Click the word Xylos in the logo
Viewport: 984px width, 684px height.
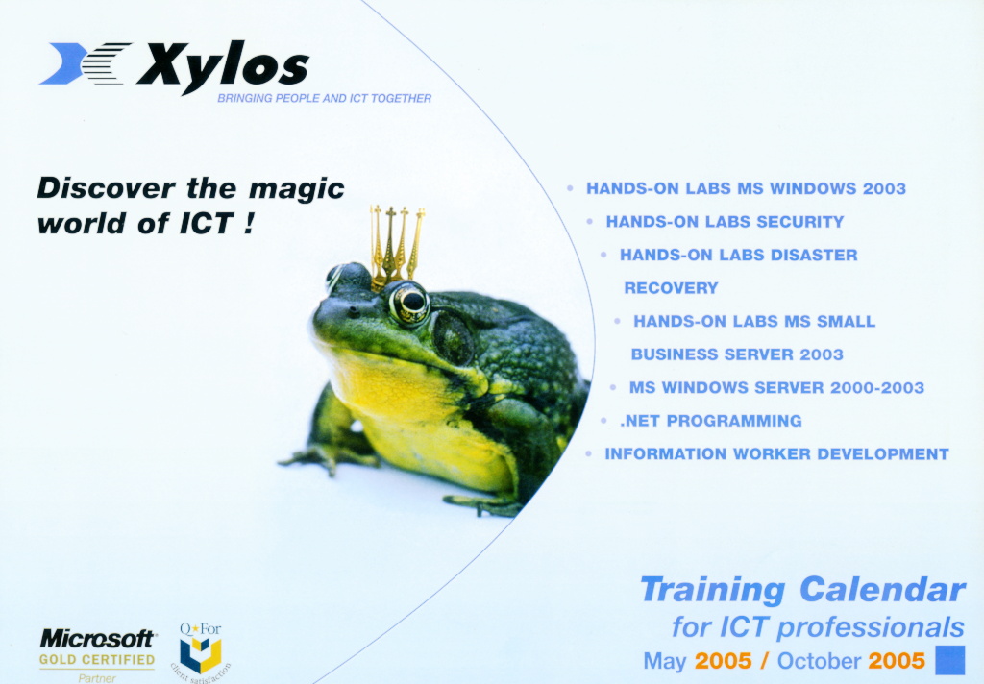[223, 66]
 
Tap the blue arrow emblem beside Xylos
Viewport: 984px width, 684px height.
[85, 62]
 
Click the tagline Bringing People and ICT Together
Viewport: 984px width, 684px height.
[325, 99]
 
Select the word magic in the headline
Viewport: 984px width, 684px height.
[296, 189]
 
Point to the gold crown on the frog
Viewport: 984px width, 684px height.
[397, 246]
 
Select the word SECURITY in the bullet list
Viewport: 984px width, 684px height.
[800, 222]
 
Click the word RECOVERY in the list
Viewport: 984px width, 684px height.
[671, 288]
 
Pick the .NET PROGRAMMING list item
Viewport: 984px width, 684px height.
[710, 421]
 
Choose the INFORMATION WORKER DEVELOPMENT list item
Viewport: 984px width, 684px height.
[776, 453]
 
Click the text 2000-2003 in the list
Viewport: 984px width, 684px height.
[877, 387]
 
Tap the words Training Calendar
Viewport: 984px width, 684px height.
[802, 590]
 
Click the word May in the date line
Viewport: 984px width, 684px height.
[665, 661]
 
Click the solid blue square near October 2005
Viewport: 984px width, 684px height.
[950, 660]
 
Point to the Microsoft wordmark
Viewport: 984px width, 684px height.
[97, 639]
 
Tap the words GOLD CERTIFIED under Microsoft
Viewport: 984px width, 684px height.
[97, 660]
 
